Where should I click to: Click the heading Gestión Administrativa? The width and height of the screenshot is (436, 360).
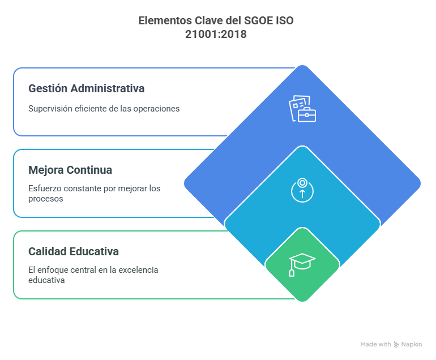(86, 89)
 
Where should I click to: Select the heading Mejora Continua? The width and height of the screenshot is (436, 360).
(70, 170)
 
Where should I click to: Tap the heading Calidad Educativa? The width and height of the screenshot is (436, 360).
(74, 251)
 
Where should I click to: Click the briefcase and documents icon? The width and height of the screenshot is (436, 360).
(302, 109)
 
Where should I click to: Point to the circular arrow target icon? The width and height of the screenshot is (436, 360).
(302, 190)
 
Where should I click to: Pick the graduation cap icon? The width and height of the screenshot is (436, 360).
(302, 264)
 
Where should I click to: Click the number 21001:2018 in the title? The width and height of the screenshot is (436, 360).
(216, 34)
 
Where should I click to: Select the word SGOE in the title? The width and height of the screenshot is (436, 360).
(258, 21)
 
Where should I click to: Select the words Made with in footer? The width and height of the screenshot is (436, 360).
(375, 344)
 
